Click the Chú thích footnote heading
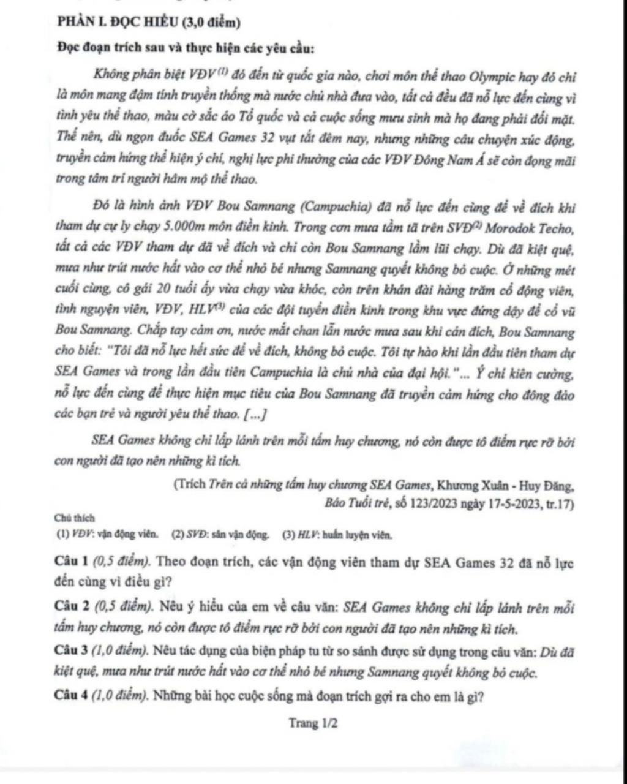click(74, 518)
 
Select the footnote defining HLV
click(337, 534)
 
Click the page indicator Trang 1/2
click(313, 723)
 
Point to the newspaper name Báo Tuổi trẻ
click(348, 504)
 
